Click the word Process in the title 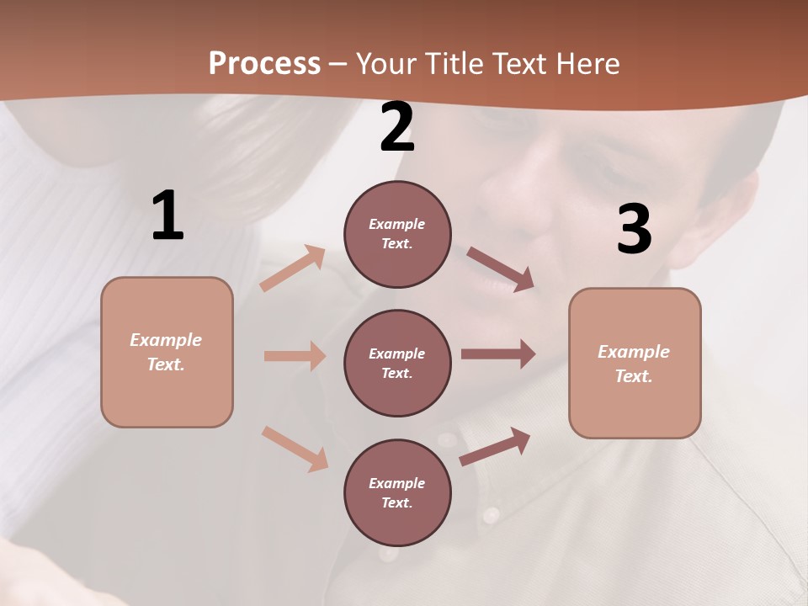pyautogui.click(x=264, y=64)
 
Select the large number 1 pyautogui.click(x=167, y=216)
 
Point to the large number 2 pyautogui.click(x=397, y=127)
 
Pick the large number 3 pyautogui.click(x=634, y=230)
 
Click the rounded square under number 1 pyautogui.click(x=167, y=352)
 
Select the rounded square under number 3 pyautogui.click(x=635, y=363)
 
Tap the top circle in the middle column pyautogui.click(x=397, y=234)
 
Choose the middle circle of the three pyautogui.click(x=397, y=363)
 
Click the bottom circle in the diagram pyautogui.click(x=397, y=492)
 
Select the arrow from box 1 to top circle pyautogui.click(x=293, y=268)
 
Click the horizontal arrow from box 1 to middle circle pyautogui.click(x=295, y=356)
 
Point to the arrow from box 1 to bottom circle pyautogui.click(x=295, y=448)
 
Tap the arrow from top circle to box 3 pyautogui.click(x=501, y=268)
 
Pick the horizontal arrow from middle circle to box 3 pyautogui.click(x=498, y=354)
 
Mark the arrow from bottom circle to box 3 pyautogui.click(x=495, y=446)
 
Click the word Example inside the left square pyautogui.click(x=166, y=340)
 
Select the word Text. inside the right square pyautogui.click(x=634, y=376)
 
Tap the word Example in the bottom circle pyautogui.click(x=396, y=483)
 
